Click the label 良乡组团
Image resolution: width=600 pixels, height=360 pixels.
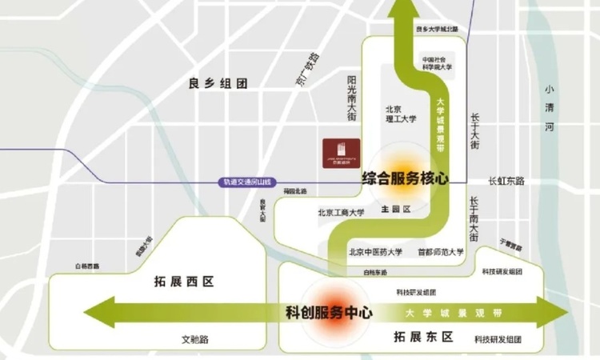click(218, 83)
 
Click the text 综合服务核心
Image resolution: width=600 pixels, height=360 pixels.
click(404, 178)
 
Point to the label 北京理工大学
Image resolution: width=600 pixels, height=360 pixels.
click(401, 114)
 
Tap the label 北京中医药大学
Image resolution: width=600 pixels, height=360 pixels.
click(375, 252)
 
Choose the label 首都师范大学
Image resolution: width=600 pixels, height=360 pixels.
click(440, 252)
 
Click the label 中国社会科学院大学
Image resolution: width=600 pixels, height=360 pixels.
click(438, 63)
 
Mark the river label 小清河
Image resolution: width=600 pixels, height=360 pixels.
click(548, 108)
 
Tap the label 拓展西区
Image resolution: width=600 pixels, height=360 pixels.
click(185, 282)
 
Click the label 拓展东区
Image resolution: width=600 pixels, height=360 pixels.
click(424, 337)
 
